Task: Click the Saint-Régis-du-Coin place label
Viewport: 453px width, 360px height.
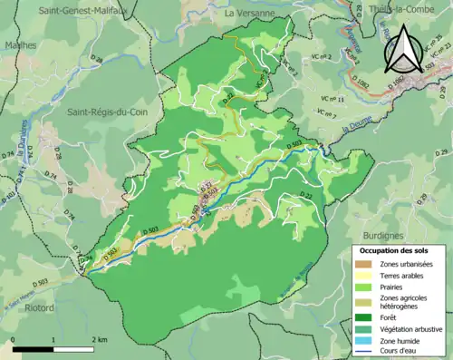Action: click(101, 112)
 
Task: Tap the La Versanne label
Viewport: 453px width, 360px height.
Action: click(249, 14)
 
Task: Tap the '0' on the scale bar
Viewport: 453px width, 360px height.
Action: click(15, 337)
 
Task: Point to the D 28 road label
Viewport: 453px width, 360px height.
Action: click(97, 60)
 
